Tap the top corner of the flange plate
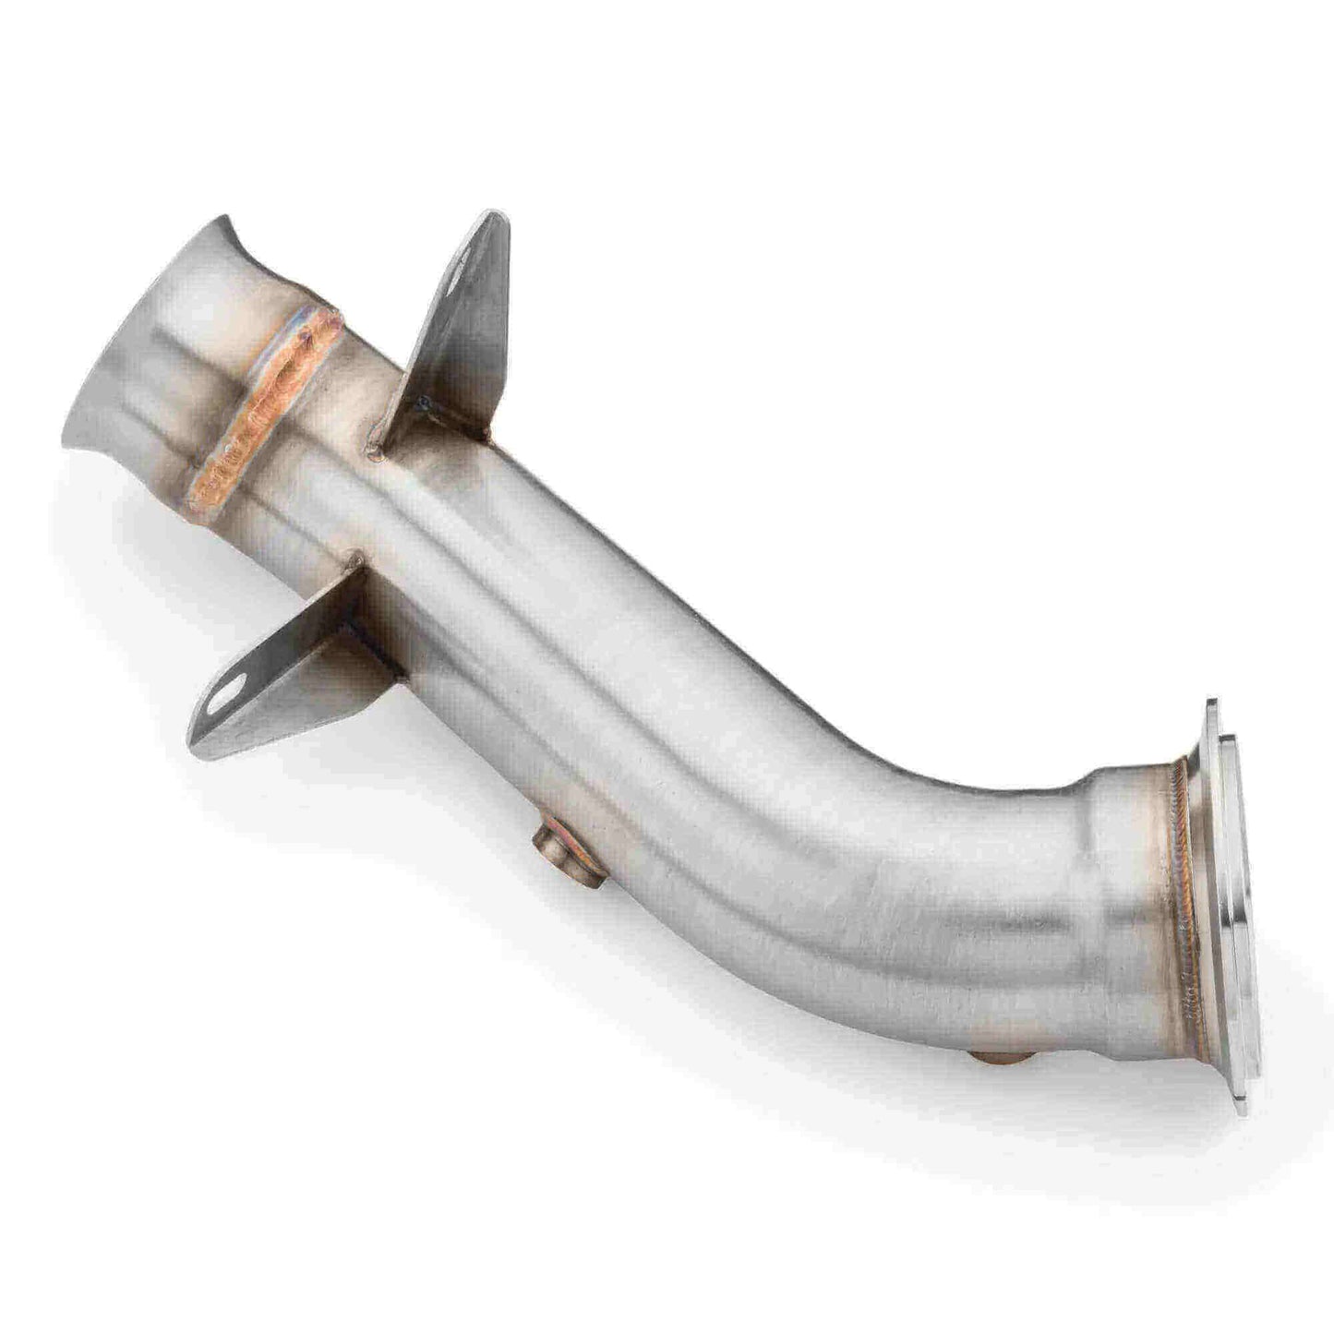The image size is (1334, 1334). (x=1209, y=706)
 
